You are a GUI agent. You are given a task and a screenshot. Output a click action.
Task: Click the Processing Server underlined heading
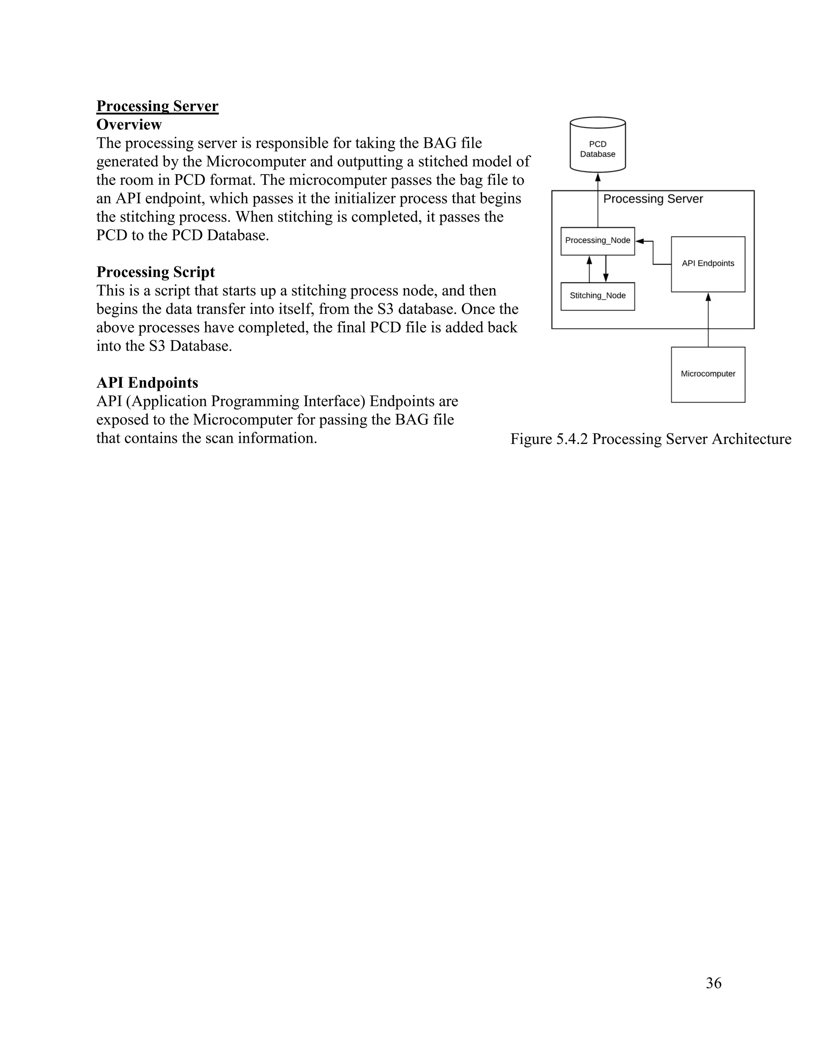[x=157, y=106]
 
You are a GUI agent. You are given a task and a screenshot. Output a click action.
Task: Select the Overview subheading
[x=129, y=125]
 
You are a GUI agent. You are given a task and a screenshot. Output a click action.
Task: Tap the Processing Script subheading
[x=155, y=272]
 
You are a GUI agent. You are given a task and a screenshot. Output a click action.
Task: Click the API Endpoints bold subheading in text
[x=147, y=383]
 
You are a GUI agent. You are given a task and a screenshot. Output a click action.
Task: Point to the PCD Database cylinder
[x=598, y=145]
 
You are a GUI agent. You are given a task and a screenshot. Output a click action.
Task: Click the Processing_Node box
[x=598, y=241]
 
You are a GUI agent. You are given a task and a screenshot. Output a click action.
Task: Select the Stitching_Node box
[x=598, y=296]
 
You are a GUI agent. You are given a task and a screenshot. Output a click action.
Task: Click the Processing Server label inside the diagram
[x=653, y=199]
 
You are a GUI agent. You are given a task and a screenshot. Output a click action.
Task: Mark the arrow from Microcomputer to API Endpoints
[x=708, y=320]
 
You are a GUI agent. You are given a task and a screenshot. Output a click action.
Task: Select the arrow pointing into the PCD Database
[x=598, y=198]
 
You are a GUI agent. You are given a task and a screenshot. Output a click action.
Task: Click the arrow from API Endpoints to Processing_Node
[x=653, y=252]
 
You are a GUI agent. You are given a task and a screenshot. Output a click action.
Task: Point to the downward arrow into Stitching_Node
[x=606, y=269]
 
